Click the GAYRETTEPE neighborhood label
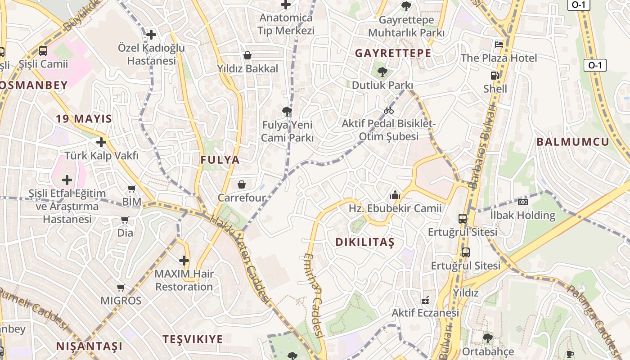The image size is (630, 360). [x=393, y=53]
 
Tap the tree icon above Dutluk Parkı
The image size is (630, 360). [x=382, y=71]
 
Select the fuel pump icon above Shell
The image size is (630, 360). [x=495, y=76]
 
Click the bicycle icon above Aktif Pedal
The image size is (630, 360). [x=389, y=110]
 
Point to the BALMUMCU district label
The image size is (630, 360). [x=572, y=142]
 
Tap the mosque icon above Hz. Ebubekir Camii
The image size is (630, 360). [x=395, y=195]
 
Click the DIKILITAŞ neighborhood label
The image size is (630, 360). [x=364, y=242]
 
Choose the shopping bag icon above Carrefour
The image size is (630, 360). [x=242, y=184]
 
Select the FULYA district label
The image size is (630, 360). [x=220, y=160]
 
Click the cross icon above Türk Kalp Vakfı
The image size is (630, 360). [x=101, y=143]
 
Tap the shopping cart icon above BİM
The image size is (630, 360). [x=131, y=189]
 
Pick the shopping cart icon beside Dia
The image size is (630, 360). [x=125, y=220]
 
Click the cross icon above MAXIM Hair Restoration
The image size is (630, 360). [x=184, y=260]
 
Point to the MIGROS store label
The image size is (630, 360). [x=121, y=301]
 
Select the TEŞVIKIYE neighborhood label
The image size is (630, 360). [x=193, y=339]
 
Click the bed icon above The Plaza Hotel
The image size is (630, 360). [x=499, y=44]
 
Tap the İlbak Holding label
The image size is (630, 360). [x=522, y=215]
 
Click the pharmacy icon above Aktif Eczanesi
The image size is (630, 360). [x=425, y=300]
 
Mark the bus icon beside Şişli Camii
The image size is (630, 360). [x=43, y=51]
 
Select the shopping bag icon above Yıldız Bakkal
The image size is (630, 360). [x=247, y=55]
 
